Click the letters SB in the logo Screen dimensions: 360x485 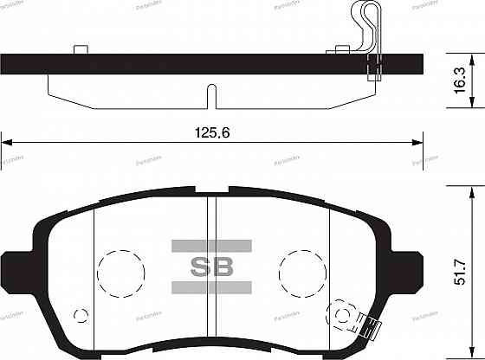point(211,266)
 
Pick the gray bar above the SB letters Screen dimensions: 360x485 point(211,245)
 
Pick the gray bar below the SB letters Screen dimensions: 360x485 point(211,286)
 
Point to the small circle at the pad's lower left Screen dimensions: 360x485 point(81,314)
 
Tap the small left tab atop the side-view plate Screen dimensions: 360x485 point(81,50)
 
